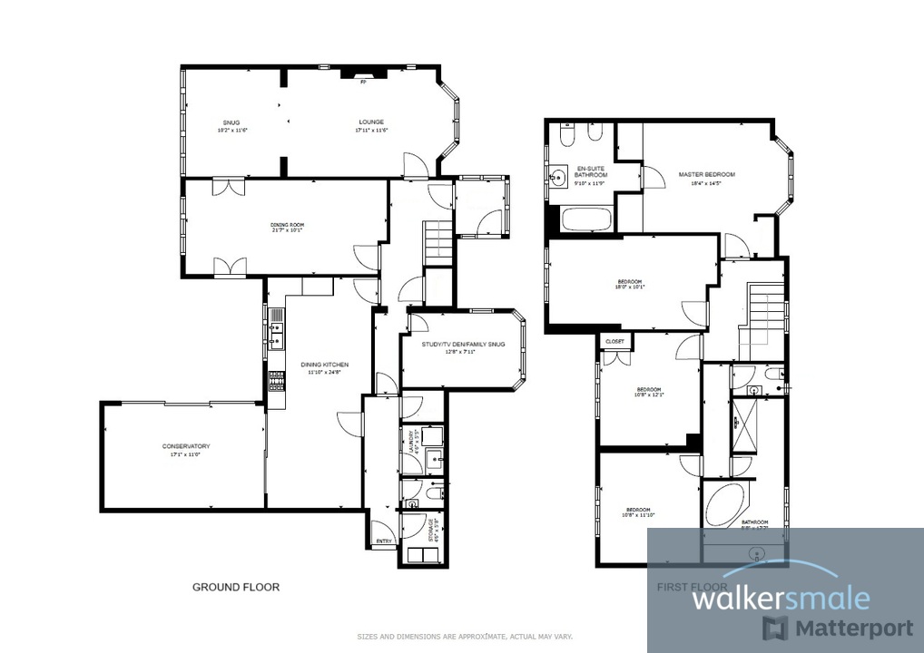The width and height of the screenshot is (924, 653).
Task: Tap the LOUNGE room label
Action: click(370, 122)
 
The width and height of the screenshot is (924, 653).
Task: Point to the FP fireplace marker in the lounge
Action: click(363, 83)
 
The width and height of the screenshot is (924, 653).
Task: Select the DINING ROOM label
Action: click(286, 224)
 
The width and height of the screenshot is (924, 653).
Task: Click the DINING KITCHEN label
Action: click(324, 365)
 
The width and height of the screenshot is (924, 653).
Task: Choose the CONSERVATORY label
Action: click(186, 446)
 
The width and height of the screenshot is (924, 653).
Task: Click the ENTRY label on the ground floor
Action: click(384, 541)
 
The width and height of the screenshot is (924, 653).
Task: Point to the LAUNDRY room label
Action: click(411, 441)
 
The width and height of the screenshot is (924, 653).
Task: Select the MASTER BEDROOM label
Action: click(706, 174)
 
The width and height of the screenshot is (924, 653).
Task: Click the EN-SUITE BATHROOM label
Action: click(590, 171)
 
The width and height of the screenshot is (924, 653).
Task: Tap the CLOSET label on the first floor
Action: click(615, 341)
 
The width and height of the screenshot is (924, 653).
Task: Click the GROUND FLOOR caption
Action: click(236, 587)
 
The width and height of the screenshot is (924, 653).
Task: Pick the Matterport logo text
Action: click(853, 628)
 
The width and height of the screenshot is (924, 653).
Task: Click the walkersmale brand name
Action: click(781, 599)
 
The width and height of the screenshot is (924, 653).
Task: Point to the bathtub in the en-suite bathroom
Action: click(587, 219)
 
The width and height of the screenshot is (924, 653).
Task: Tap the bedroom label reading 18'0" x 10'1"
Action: click(630, 285)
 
